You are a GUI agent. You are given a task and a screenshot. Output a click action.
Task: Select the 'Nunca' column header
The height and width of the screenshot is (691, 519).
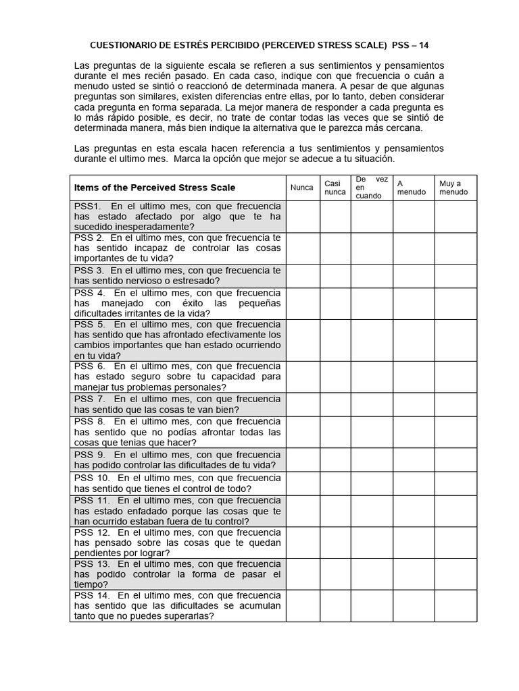pyautogui.click(x=301, y=188)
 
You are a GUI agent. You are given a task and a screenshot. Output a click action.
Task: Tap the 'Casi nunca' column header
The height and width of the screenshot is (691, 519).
pyautogui.click(x=335, y=188)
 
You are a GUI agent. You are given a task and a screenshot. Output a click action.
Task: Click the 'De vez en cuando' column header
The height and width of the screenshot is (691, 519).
pyautogui.click(x=371, y=188)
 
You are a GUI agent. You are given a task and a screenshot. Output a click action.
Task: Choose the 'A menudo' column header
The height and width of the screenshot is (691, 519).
pyautogui.click(x=412, y=188)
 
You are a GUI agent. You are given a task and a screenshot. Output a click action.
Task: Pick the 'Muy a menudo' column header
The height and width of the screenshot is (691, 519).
pyautogui.click(x=454, y=188)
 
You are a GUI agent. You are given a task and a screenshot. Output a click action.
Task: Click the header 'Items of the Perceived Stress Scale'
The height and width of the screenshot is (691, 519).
pyautogui.click(x=155, y=188)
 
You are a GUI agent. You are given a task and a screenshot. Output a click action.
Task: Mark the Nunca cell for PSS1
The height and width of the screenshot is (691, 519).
pyautogui.click(x=301, y=217)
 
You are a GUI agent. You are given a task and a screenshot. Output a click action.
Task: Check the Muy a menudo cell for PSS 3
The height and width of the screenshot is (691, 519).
pyautogui.click(x=455, y=275)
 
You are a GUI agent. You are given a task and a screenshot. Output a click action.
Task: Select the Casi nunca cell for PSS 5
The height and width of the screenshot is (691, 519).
pyautogui.click(x=335, y=339)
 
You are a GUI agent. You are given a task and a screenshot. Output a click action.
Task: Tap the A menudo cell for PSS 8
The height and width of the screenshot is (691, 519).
pyautogui.click(x=413, y=432)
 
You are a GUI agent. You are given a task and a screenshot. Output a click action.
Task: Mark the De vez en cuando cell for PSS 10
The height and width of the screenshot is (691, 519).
pyautogui.click(x=371, y=483)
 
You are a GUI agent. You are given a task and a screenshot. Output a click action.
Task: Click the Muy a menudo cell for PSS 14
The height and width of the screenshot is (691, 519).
pyautogui.click(x=455, y=605)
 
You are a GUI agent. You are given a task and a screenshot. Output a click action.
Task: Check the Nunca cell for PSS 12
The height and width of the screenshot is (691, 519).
pyautogui.click(x=301, y=542)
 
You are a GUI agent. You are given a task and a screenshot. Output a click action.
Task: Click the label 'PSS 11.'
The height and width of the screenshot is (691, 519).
pyautogui.click(x=92, y=500)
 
